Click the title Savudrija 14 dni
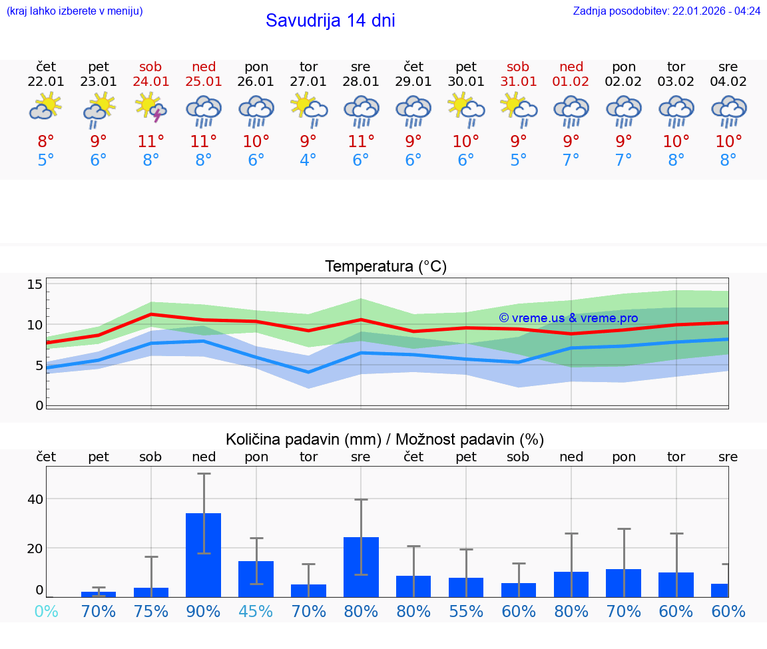click(330, 21)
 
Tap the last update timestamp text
click(666, 11)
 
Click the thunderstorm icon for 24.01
click(150, 107)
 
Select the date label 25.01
click(204, 82)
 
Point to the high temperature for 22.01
click(46, 142)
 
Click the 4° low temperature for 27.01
click(308, 160)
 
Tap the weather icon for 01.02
click(571, 110)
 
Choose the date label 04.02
click(728, 82)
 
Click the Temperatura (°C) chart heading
click(385, 267)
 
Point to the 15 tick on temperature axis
click(35, 285)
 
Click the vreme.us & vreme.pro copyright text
click(568, 318)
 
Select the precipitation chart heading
click(385, 439)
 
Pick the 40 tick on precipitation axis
click(35, 499)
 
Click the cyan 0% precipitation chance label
click(46, 612)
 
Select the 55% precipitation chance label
click(466, 612)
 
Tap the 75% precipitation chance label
click(151, 612)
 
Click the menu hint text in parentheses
click(75, 11)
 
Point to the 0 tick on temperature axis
click(39, 405)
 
